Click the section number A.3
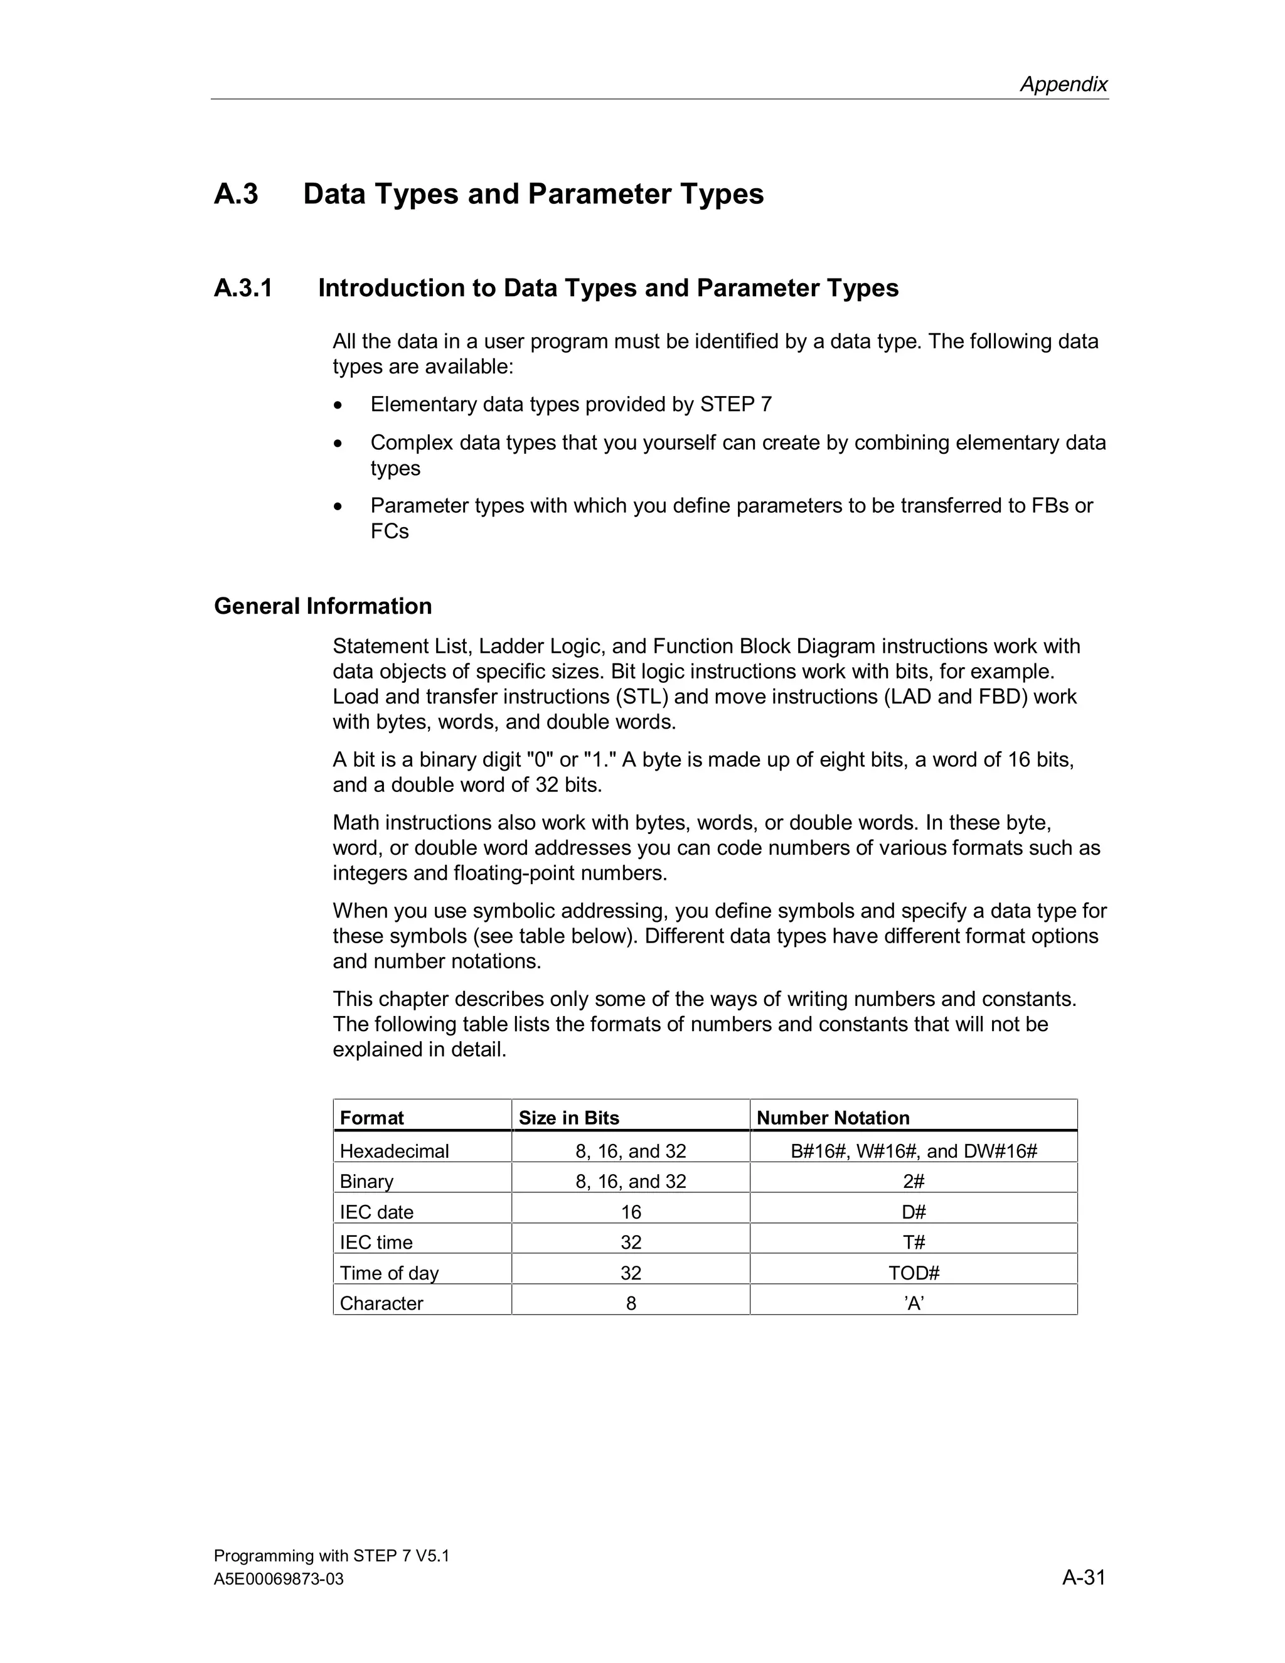pyautogui.click(x=236, y=194)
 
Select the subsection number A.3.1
pyautogui.click(x=243, y=288)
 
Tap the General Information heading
pyautogui.click(x=323, y=606)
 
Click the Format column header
pyautogui.click(x=371, y=1118)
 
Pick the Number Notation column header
pyautogui.click(x=833, y=1118)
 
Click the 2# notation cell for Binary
pyautogui.click(x=914, y=1182)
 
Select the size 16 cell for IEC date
pyautogui.click(x=631, y=1212)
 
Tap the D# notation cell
pyautogui.click(x=914, y=1212)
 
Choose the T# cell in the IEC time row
pyautogui.click(x=914, y=1243)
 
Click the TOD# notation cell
pyautogui.click(x=914, y=1273)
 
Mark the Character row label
pyautogui.click(x=381, y=1303)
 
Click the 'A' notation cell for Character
pyautogui.click(x=914, y=1303)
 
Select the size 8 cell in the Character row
pyautogui.click(x=631, y=1303)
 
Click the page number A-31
pyautogui.click(x=1083, y=1577)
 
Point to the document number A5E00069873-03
pyautogui.click(x=279, y=1580)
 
